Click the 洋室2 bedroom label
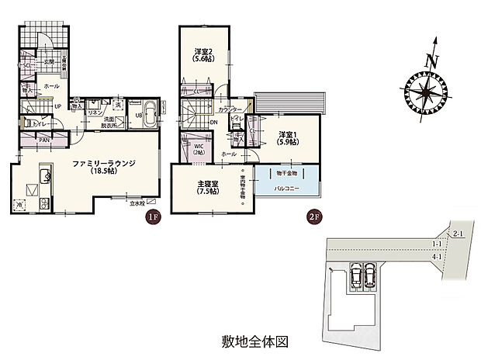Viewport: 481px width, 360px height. (x=203, y=55)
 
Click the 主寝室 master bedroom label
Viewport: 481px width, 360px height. (x=207, y=186)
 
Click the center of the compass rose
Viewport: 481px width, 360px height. (x=425, y=92)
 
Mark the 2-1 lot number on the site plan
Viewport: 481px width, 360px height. (x=459, y=233)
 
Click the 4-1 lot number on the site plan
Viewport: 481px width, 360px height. (x=437, y=257)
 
